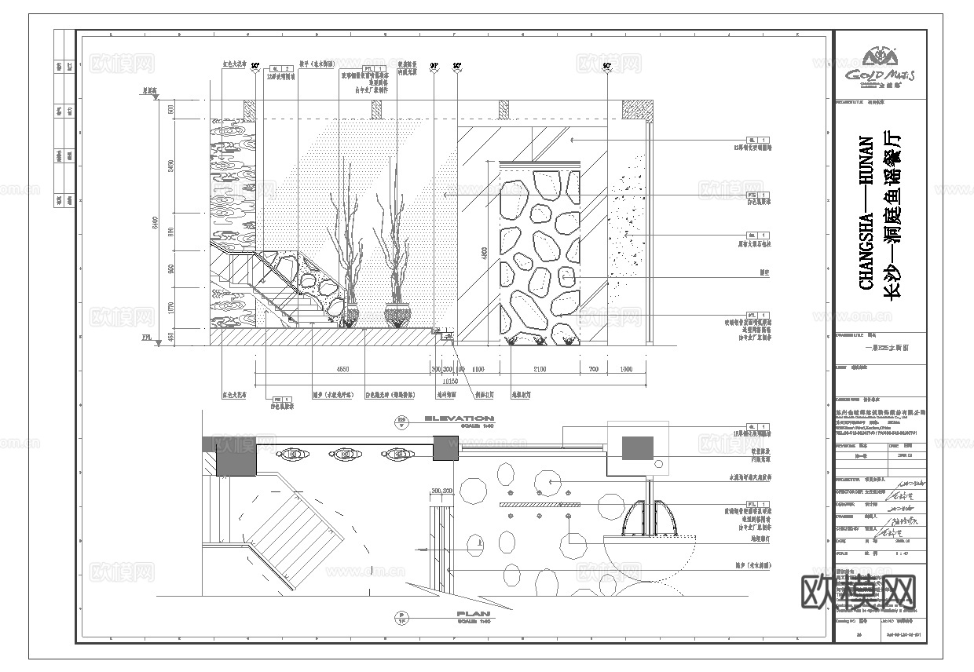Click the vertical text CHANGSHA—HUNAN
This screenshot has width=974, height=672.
(x=867, y=213)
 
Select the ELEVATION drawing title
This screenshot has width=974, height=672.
(x=460, y=419)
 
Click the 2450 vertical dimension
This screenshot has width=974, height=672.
(x=171, y=166)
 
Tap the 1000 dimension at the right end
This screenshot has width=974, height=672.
(x=626, y=368)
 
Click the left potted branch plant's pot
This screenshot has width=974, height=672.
(x=351, y=316)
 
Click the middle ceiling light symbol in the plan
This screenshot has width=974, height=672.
(x=346, y=454)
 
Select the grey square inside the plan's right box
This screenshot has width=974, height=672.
(x=638, y=447)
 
